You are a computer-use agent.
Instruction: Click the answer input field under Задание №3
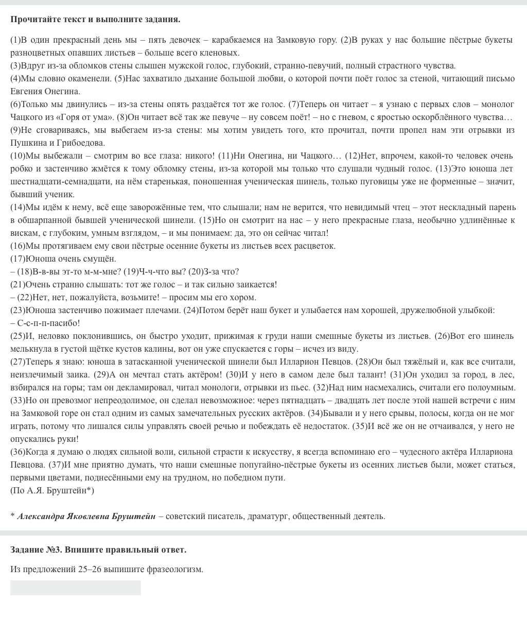[x=76, y=588]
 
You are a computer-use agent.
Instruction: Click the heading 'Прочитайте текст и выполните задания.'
[x=95, y=20]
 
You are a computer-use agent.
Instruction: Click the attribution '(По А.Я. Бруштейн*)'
[x=52, y=490]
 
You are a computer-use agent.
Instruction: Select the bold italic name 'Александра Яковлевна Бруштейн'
[x=86, y=516]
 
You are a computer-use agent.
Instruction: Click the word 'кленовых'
[x=222, y=53]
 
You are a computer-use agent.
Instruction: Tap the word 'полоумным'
[x=493, y=387]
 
